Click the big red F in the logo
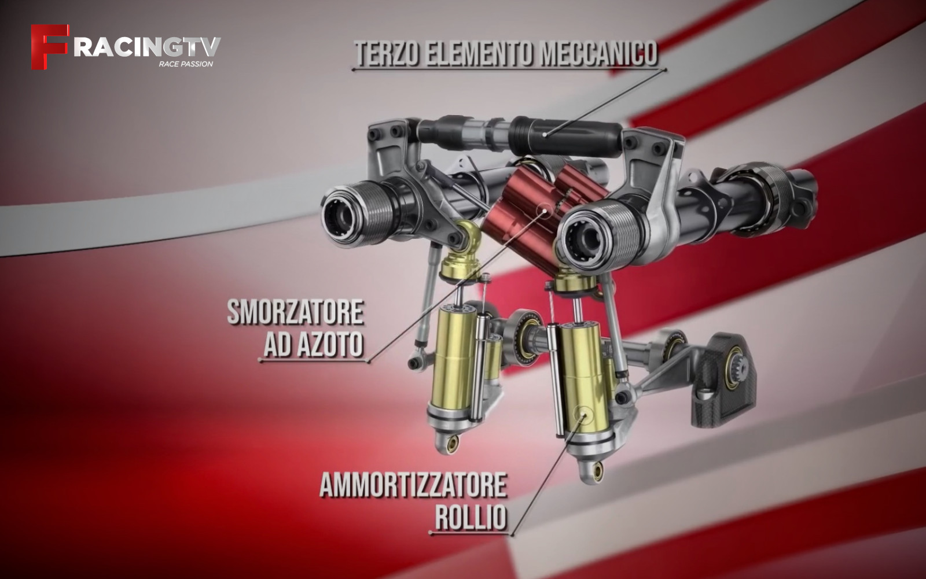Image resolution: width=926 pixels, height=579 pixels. point(49,47)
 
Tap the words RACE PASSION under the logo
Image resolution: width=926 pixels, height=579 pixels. point(186,64)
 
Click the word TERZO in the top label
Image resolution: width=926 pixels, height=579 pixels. point(387,54)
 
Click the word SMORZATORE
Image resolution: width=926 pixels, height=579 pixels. point(295,313)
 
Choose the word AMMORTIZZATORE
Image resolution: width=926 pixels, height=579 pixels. point(413,486)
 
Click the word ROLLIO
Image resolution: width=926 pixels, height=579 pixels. point(471,517)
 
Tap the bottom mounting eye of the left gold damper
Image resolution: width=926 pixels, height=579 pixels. point(453,444)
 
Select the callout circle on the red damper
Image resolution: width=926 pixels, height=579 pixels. point(545,211)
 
